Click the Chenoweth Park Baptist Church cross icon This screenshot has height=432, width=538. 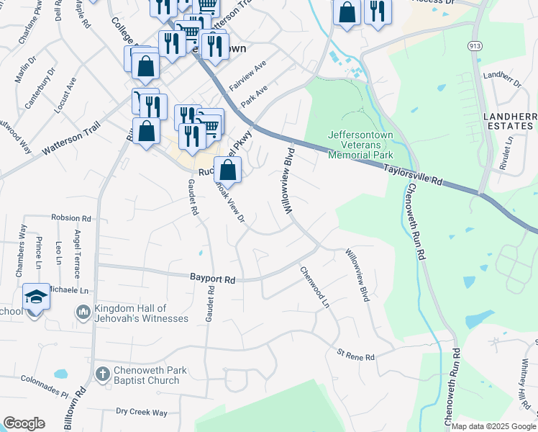coord(102,374)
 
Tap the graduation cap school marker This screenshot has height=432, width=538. coord(35,296)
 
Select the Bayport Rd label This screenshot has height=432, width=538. coord(213,278)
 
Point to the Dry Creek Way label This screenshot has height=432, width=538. coord(141,413)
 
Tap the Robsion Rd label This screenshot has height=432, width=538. coord(70,217)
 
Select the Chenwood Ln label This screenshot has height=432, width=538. coord(315,287)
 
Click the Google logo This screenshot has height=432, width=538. coord(24,423)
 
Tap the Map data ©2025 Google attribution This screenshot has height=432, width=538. coord(493,426)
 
